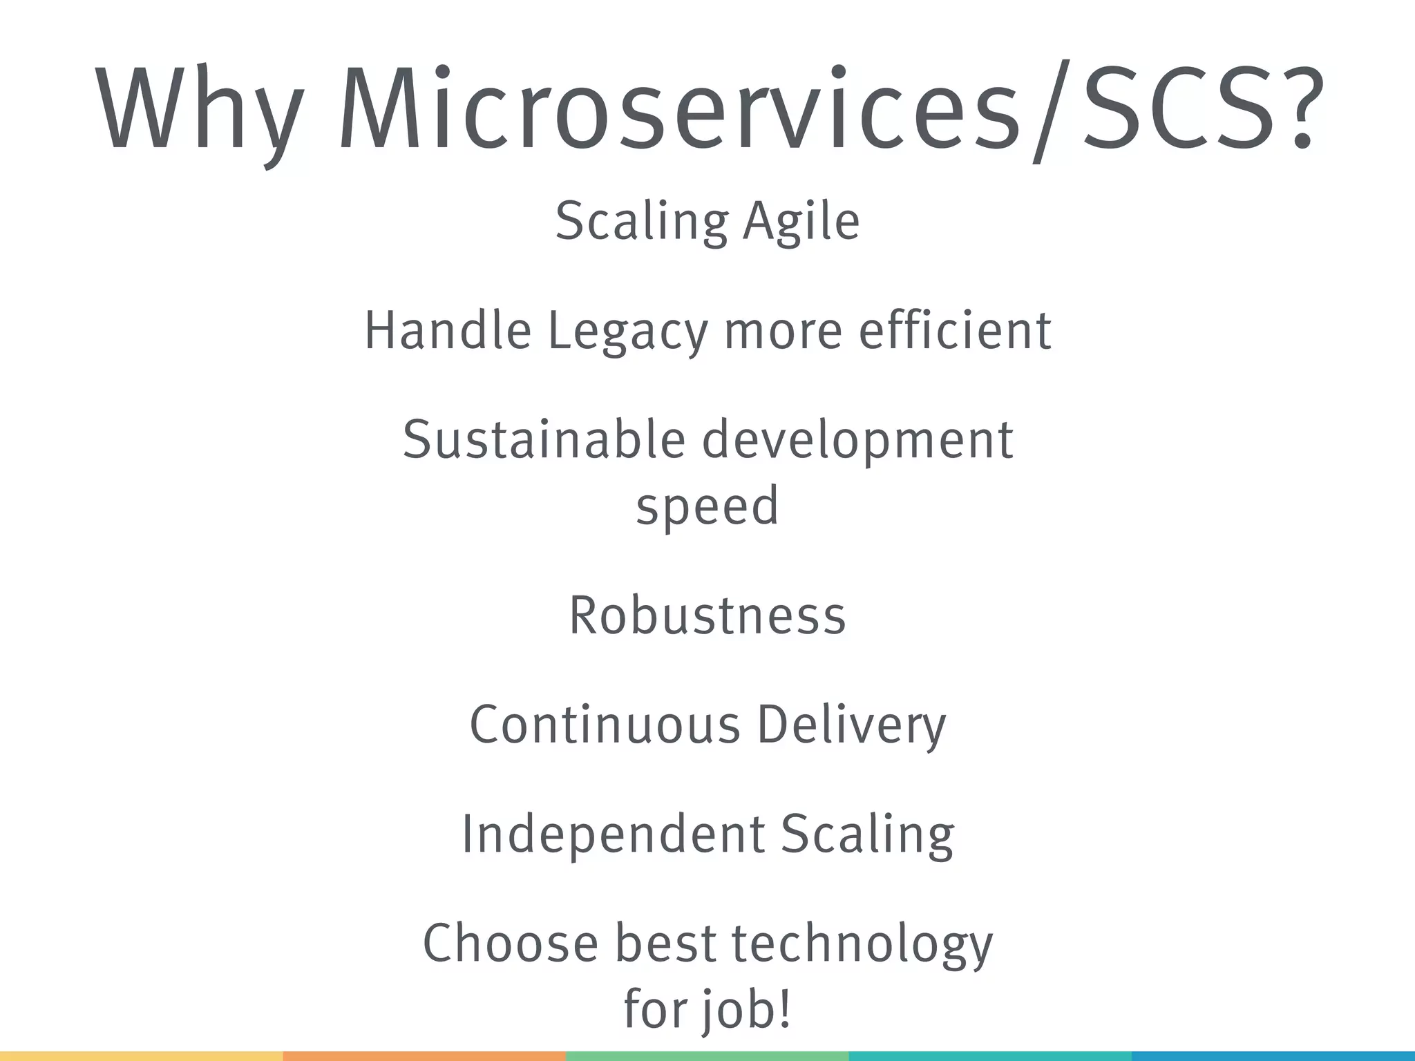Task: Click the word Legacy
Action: [x=627, y=332]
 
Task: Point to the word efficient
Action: [x=955, y=330]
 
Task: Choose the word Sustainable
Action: [x=544, y=440]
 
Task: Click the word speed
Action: [x=707, y=506]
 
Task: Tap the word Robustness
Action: [x=707, y=615]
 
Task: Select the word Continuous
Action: [x=605, y=725]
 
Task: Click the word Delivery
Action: [x=851, y=725]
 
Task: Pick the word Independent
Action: [x=613, y=834]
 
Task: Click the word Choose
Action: [x=510, y=943]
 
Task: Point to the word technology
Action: [x=862, y=944]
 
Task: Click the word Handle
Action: [x=448, y=330]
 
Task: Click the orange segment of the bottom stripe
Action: [x=424, y=1056]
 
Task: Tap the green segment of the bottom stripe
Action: [x=707, y=1056]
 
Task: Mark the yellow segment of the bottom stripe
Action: [x=141, y=1056]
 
